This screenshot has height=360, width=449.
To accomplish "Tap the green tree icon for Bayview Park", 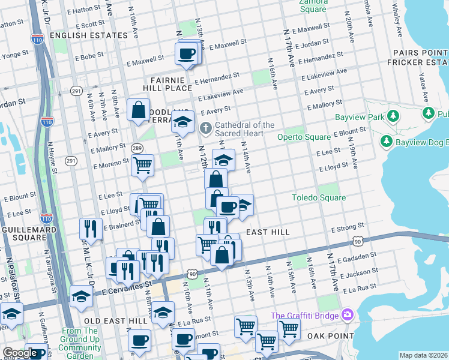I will tap(393, 115).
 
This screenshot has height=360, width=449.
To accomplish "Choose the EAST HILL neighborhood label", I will tap(268, 232).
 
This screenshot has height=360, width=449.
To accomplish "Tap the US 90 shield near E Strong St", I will tap(358, 241).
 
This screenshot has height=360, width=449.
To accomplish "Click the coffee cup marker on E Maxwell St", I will tap(185, 53).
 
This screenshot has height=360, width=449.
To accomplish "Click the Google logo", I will tap(19, 353).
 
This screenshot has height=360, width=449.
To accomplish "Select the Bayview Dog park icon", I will tap(387, 141).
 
